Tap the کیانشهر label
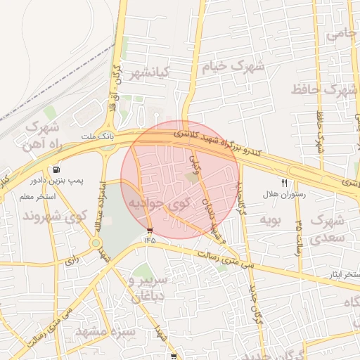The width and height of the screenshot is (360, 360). (x=150, y=73)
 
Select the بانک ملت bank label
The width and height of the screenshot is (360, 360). (x=97, y=135)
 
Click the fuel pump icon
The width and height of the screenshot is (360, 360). (x=56, y=170)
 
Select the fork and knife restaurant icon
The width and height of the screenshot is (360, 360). (x=284, y=183)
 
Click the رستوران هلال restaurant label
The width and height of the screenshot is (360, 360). (x=281, y=193)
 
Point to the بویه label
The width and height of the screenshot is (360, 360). (x=271, y=221)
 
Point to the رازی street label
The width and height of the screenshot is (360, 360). (x=72, y=260)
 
